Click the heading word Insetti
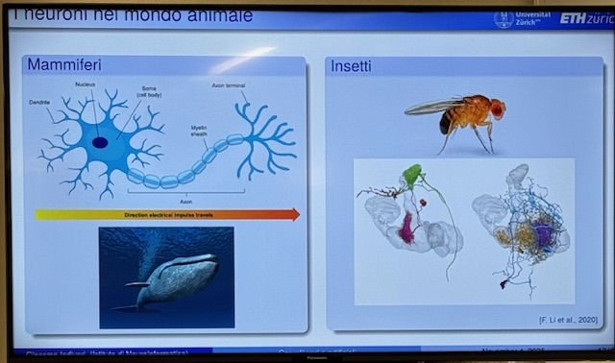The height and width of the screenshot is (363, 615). click(x=352, y=66)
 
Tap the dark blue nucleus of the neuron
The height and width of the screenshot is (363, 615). click(x=100, y=142)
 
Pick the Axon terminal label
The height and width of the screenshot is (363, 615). click(x=232, y=85)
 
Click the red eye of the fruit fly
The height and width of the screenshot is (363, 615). click(x=497, y=109)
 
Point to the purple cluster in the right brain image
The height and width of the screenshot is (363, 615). click(x=544, y=233)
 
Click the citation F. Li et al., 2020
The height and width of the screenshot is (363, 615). click(x=568, y=318)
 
